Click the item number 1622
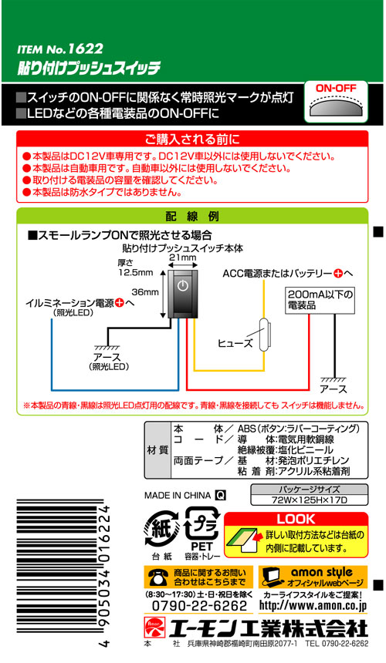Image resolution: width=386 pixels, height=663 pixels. [x=85, y=49]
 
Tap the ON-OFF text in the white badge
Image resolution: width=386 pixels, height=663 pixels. [x=336, y=89]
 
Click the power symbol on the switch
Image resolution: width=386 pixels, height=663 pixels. [x=182, y=285]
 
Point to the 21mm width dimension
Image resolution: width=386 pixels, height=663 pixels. [x=183, y=257]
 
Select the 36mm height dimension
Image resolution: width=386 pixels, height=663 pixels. [x=145, y=292]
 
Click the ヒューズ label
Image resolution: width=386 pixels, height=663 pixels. [x=235, y=343]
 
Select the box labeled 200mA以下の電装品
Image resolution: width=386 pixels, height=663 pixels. [x=320, y=300]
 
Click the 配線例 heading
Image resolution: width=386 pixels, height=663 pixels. [x=192, y=217]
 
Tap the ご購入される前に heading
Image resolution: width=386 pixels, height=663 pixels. [x=192, y=139]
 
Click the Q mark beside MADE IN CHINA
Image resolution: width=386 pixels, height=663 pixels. [x=221, y=495]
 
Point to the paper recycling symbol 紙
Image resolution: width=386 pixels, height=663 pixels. [x=161, y=529]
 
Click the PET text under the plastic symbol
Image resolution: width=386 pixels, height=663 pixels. [x=201, y=547]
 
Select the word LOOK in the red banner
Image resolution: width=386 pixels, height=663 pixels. [x=296, y=519]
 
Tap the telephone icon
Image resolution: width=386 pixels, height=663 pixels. [x=157, y=577]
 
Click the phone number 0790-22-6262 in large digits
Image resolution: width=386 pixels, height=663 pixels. [x=199, y=605]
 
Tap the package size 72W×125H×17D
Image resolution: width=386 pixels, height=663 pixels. [x=309, y=500]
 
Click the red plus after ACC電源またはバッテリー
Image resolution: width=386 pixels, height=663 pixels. [x=338, y=274]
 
